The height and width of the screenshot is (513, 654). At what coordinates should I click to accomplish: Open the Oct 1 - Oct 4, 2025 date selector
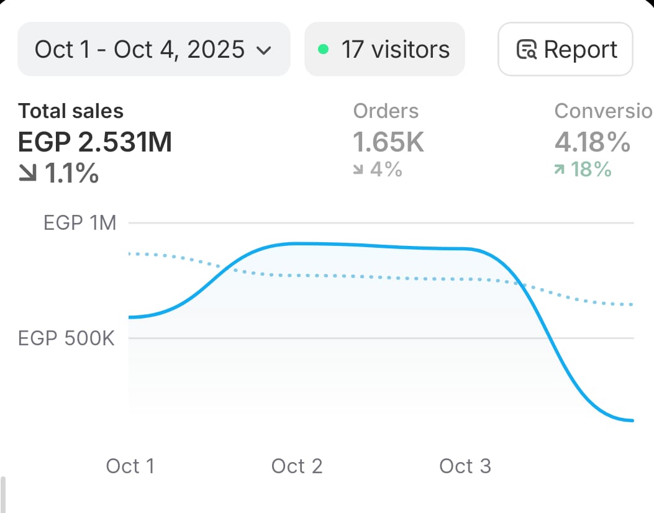tap(140, 49)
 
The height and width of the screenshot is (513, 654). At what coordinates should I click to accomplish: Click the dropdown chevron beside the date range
tap(264, 50)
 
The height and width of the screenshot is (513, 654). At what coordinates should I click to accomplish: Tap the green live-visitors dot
tap(323, 49)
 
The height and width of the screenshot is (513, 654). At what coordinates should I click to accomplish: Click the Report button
tap(565, 49)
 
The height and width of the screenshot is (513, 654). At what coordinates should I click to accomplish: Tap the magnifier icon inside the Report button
tap(527, 50)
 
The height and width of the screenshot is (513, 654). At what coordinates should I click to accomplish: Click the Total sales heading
tap(71, 111)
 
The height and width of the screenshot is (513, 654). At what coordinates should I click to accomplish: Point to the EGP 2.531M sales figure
tap(95, 142)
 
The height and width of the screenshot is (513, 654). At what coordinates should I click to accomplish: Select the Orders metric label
tap(386, 111)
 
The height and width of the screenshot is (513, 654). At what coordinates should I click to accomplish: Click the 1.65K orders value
tap(389, 142)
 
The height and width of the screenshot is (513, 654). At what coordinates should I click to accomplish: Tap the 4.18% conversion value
tap(592, 142)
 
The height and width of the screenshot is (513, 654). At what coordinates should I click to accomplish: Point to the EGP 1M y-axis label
tap(80, 222)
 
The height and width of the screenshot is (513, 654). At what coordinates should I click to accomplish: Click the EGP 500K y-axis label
tap(66, 338)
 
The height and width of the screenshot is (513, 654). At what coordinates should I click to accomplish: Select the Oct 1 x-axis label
tap(130, 466)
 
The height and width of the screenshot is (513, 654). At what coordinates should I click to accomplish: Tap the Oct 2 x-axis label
tap(297, 466)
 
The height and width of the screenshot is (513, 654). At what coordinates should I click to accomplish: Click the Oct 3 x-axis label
tap(465, 466)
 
